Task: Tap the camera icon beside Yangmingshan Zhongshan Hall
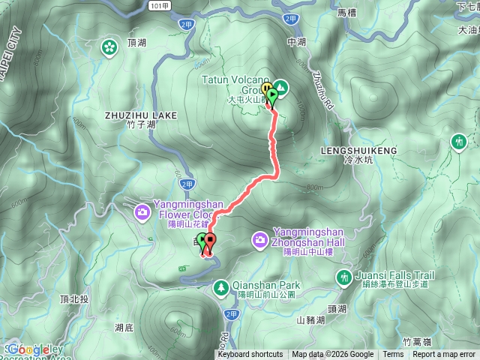[x=260, y=239]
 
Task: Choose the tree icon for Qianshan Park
[x=222, y=286]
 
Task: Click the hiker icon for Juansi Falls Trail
[x=344, y=278]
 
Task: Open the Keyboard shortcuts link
[x=250, y=355]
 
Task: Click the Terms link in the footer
[x=393, y=355]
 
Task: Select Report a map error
[x=444, y=355]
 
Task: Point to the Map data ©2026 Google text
[x=333, y=355]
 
